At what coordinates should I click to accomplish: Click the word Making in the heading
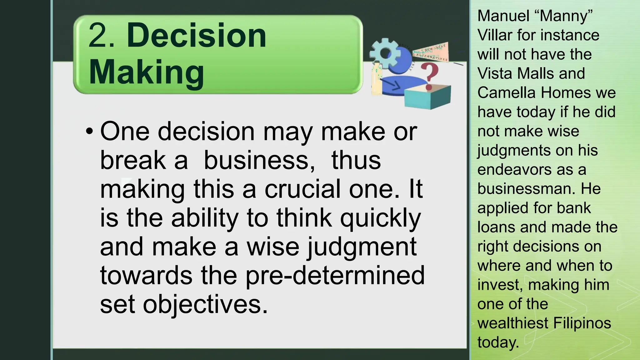(146, 72)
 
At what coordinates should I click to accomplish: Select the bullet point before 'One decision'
(89, 132)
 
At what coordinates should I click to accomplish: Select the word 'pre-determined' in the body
(335, 276)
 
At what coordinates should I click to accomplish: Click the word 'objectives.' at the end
(205, 305)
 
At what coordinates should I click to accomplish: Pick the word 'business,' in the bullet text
(259, 160)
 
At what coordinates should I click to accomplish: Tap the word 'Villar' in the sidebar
(495, 35)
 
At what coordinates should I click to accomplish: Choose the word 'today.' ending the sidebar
(498, 342)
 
